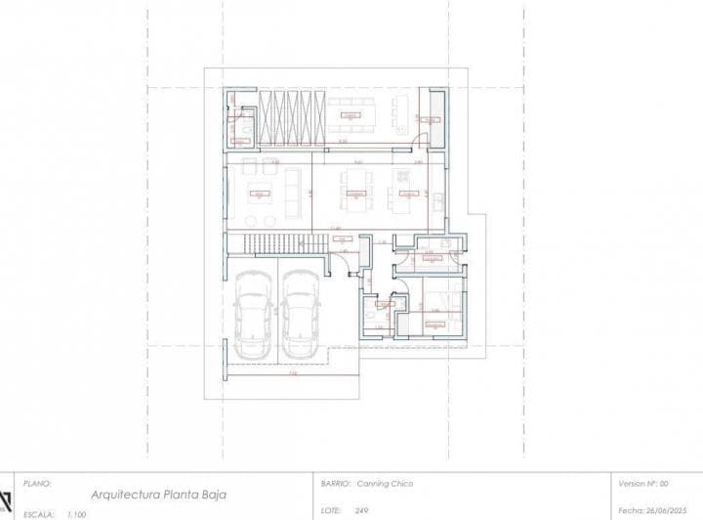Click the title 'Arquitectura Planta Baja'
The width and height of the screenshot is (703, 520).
157,496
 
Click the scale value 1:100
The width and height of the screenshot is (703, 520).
76,513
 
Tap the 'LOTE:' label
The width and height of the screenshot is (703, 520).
333,510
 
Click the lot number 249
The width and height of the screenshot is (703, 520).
362,510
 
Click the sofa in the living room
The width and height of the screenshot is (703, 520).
295,191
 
